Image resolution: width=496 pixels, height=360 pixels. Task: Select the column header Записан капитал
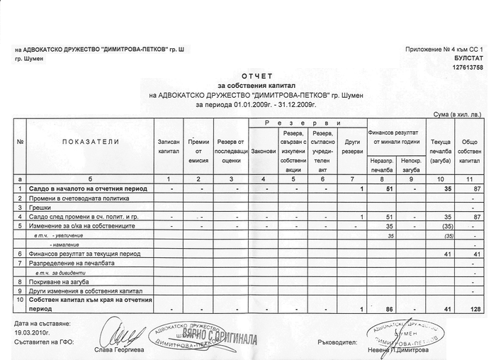pos(169,147)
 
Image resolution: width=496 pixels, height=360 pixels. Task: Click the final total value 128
pos(475,309)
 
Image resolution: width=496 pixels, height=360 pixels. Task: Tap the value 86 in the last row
pos(390,309)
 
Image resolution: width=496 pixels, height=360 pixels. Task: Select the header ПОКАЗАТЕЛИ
pos(91,142)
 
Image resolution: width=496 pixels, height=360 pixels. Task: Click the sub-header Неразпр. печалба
pos(382,167)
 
